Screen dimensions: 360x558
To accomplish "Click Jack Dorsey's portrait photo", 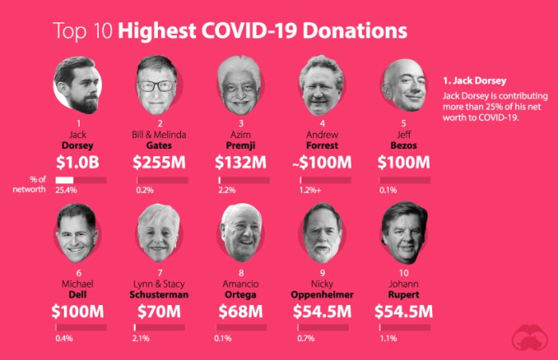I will pos(78,84).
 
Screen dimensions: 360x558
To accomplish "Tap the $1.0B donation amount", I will pos(78,162).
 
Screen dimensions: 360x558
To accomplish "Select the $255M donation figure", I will pos(160,162).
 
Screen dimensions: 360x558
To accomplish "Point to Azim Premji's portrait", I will pos(241,84).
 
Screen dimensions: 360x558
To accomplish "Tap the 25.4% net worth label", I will pos(66,191).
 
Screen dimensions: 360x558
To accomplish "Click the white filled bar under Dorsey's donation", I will pos(65,180).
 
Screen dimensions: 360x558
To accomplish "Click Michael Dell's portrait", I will pos(78,233).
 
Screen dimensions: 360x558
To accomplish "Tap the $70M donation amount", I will pos(160,311).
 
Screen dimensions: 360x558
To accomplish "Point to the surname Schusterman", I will pos(160,294).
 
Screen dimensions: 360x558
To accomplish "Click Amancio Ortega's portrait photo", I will pos(241,233).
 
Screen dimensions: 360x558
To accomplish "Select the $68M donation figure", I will pos(241,311).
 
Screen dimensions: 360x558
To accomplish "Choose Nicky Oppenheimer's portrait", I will pos(323,233).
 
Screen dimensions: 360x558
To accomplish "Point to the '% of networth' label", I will pos(35,185).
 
